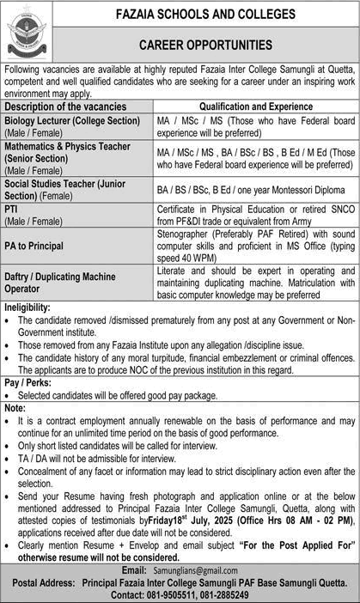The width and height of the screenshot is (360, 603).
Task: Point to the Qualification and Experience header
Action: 257,106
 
